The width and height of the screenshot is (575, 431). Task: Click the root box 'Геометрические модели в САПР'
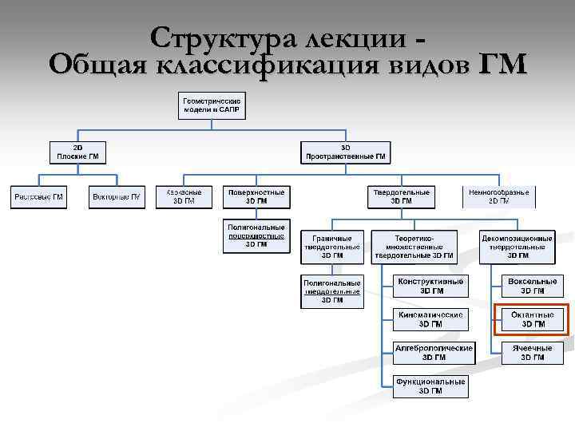tap(212, 105)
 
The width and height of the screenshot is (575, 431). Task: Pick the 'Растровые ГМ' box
tap(38, 197)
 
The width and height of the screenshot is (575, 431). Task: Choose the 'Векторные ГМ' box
tap(117, 197)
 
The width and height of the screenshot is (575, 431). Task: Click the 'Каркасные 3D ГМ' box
tap(184, 196)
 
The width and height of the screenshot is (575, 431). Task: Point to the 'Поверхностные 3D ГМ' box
tap(256, 196)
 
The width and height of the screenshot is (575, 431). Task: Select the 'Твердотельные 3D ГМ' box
tap(401, 197)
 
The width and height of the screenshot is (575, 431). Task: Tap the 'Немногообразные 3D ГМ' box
tap(498, 196)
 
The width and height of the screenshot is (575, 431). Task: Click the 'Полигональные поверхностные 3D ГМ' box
tap(256, 235)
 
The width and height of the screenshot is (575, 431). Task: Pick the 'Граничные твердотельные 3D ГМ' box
tap(332, 247)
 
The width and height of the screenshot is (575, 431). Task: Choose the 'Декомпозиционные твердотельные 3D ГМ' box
tap(517, 247)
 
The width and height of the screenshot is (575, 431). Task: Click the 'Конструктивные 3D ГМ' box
tap(430, 286)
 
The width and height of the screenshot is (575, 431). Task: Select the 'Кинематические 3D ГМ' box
tap(430, 319)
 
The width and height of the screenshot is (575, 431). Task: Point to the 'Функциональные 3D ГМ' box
tap(430, 386)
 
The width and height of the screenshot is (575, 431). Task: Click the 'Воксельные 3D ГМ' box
tap(533, 286)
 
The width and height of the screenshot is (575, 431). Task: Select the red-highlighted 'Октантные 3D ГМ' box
tap(533, 319)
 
